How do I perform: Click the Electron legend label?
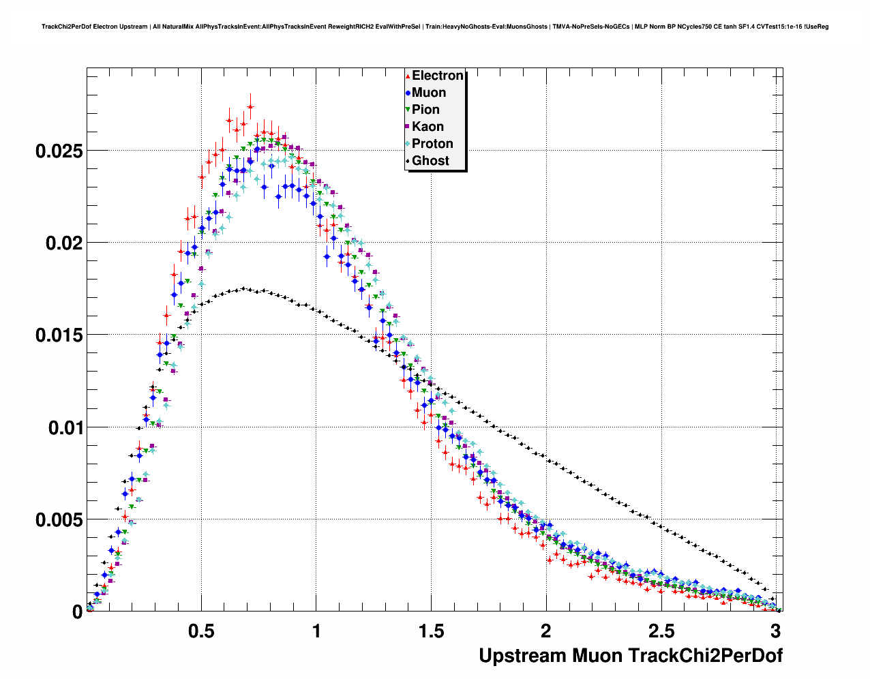pyautogui.click(x=438, y=76)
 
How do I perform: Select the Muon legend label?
pyautogui.click(x=429, y=93)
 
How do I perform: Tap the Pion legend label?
pyautogui.click(x=425, y=110)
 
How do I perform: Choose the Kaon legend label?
pyautogui.click(x=427, y=127)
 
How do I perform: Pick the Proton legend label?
pyautogui.click(x=432, y=144)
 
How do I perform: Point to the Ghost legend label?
pyautogui.click(x=430, y=161)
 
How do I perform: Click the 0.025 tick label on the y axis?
pyautogui.click(x=59, y=151)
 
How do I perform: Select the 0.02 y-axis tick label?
pyautogui.click(x=64, y=243)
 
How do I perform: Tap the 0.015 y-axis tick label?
pyautogui.click(x=59, y=335)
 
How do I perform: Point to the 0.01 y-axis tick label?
pyautogui.click(x=64, y=428)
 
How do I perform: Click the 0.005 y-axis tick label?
pyautogui.click(x=59, y=520)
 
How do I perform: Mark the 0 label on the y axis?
pyautogui.click(x=77, y=612)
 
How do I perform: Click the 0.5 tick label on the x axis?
pyautogui.click(x=201, y=631)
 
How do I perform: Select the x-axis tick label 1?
pyautogui.click(x=316, y=631)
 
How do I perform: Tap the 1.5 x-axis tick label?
pyautogui.click(x=431, y=631)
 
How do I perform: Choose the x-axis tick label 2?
pyautogui.click(x=545, y=631)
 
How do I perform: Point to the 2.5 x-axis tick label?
pyautogui.click(x=661, y=631)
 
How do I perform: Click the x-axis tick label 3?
pyautogui.click(x=775, y=631)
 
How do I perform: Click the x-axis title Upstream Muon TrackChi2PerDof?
pyautogui.click(x=631, y=656)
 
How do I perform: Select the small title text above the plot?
pyautogui.click(x=435, y=27)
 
